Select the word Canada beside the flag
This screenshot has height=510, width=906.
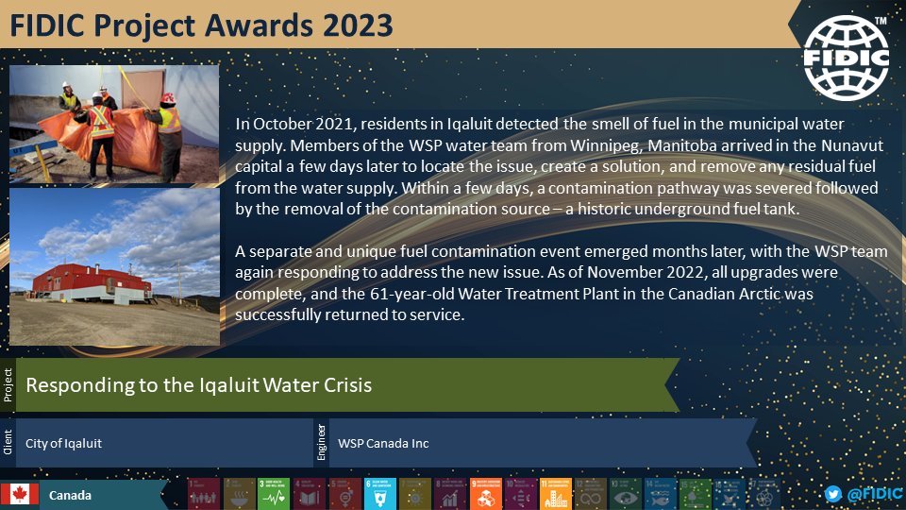coord(71,495)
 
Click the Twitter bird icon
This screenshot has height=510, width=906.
coord(832,494)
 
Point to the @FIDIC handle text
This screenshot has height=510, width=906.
coord(874,494)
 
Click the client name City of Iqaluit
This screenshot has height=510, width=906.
coord(63,443)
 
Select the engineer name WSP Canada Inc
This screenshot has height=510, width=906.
coord(383,443)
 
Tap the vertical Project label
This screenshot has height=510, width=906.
coord(8,385)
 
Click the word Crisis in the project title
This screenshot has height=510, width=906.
coord(343,385)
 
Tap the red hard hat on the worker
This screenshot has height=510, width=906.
coord(168,97)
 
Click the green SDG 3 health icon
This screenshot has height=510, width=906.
coord(272,493)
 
